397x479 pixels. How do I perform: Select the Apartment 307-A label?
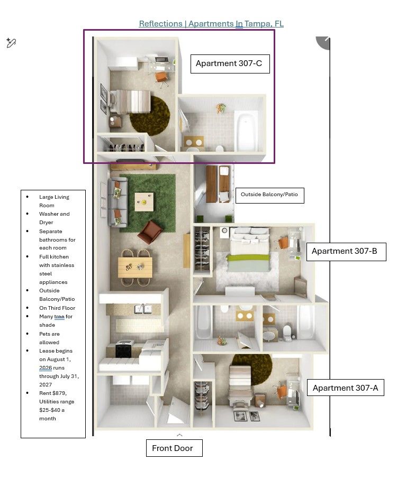pos(345,388)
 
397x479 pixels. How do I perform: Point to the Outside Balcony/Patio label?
pos(270,195)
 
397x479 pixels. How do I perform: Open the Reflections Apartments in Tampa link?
pos(211,23)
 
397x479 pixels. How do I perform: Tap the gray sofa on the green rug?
pos(118,202)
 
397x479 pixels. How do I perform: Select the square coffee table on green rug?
pos(144,201)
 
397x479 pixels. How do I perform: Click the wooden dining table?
pos(135,268)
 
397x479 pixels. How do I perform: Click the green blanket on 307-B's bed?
pos(248,258)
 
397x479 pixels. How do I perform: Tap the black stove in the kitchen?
pos(123,350)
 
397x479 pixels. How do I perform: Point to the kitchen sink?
pos(143,309)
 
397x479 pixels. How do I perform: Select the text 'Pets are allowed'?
pos(49,338)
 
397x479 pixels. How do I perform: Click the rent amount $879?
pos(60,393)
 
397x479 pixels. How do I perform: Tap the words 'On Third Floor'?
pos(57,308)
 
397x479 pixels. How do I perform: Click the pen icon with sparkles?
pos(11,43)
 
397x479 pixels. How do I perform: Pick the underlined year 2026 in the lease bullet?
pos(46,368)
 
